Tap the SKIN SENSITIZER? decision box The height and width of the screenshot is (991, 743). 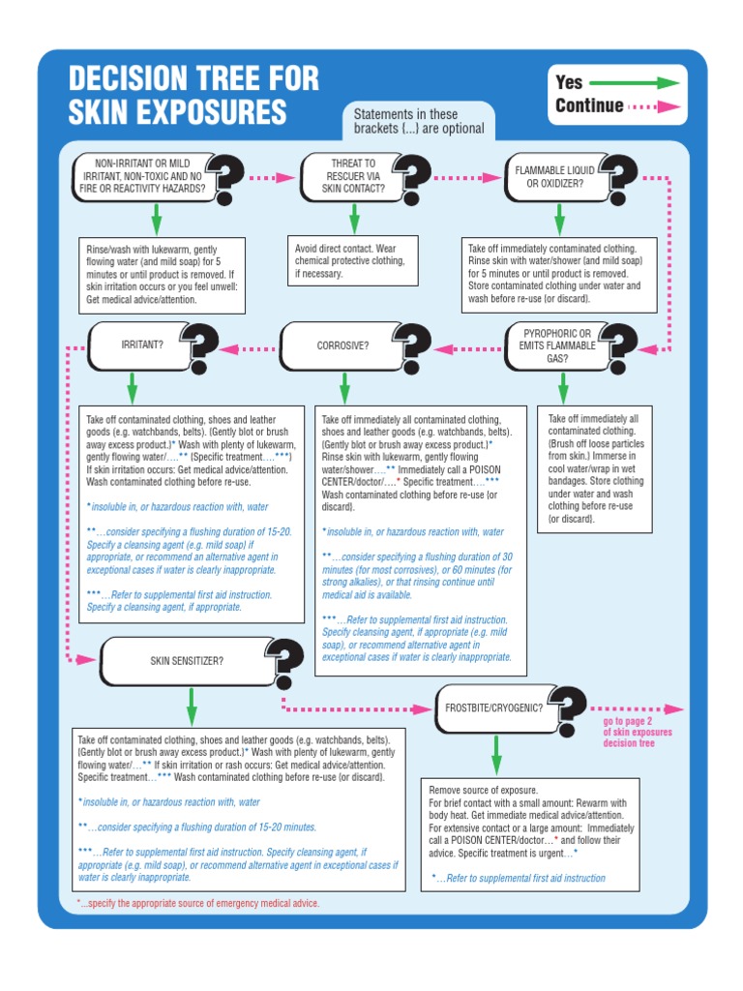[187, 661]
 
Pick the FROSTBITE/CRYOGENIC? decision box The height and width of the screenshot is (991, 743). [492, 707]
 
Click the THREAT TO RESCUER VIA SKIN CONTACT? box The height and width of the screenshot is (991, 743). [352, 176]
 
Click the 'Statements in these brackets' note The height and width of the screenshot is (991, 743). [419, 122]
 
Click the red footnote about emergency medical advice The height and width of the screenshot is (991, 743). [197, 903]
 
